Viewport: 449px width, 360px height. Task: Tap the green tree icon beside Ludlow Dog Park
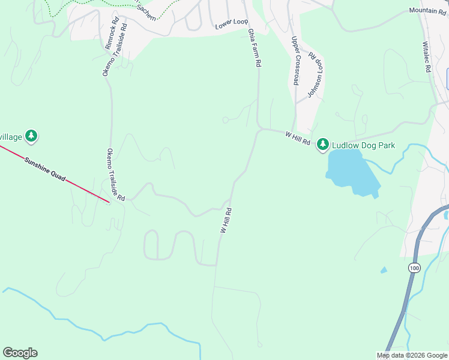click(x=323, y=144)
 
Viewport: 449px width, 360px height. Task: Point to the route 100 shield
click(x=413, y=268)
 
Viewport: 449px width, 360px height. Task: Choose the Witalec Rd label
click(x=427, y=57)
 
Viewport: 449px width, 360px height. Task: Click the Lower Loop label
click(x=232, y=22)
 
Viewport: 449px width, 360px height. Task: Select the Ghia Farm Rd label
click(x=255, y=47)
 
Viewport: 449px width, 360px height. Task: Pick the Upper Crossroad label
click(x=295, y=60)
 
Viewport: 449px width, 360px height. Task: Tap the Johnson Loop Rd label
click(x=315, y=74)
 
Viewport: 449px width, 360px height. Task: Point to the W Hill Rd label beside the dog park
click(x=297, y=139)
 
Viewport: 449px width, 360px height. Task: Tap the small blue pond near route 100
click(x=384, y=270)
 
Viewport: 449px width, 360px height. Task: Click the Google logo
click(x=20, y=352)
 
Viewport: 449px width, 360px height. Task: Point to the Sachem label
click(x=148, y=16)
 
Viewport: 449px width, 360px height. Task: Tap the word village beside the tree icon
click(x=11, y=137)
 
